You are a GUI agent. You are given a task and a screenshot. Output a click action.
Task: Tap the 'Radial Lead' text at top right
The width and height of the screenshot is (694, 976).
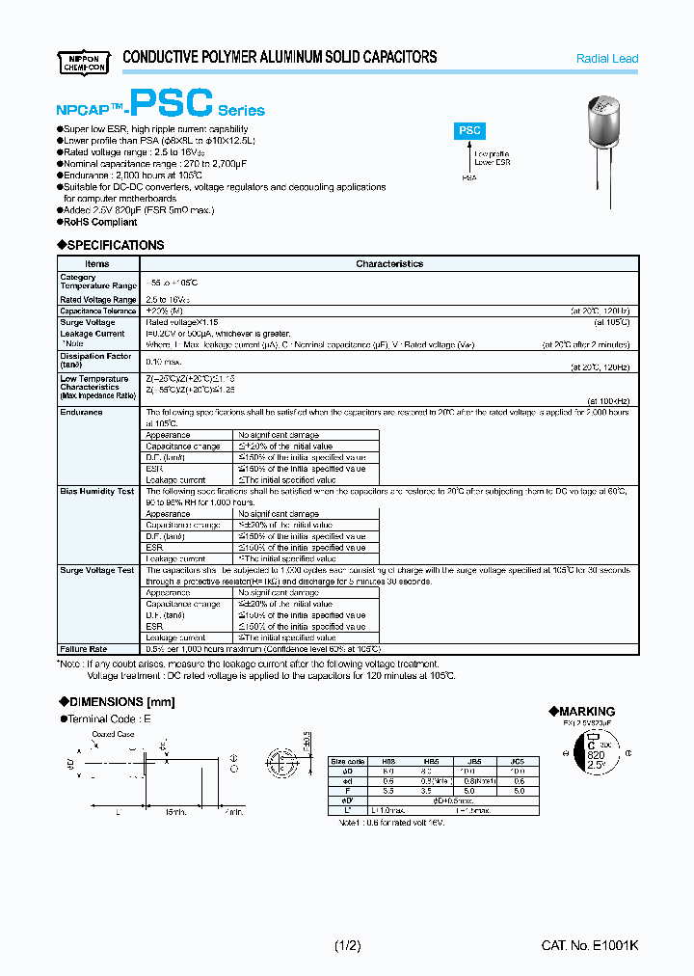[x=606, y=59]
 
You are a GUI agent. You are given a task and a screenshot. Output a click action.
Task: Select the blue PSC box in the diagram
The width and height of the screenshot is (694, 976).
[x=469, y=130]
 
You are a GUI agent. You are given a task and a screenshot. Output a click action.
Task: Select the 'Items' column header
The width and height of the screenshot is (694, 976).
[x=97, y=263]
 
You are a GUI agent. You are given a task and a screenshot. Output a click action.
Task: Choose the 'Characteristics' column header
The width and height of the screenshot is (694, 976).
[x=389, y=263]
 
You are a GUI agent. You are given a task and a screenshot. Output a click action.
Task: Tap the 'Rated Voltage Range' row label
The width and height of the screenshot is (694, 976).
[x=97, y=300]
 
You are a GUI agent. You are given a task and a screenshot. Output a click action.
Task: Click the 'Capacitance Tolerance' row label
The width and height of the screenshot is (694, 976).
[x=98, y=312]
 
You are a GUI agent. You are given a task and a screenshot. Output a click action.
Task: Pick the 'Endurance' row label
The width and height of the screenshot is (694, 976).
[x=81, y=413]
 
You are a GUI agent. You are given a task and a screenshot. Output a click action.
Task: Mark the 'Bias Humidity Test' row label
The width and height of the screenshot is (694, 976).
[x=96, y=492]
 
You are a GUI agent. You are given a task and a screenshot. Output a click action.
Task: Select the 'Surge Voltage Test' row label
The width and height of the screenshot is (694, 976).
[x=96, y=571]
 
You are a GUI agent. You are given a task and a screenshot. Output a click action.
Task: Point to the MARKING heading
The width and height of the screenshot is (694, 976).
[x=586, y=711]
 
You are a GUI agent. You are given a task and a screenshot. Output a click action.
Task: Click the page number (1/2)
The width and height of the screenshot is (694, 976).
[x=347, y=946]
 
